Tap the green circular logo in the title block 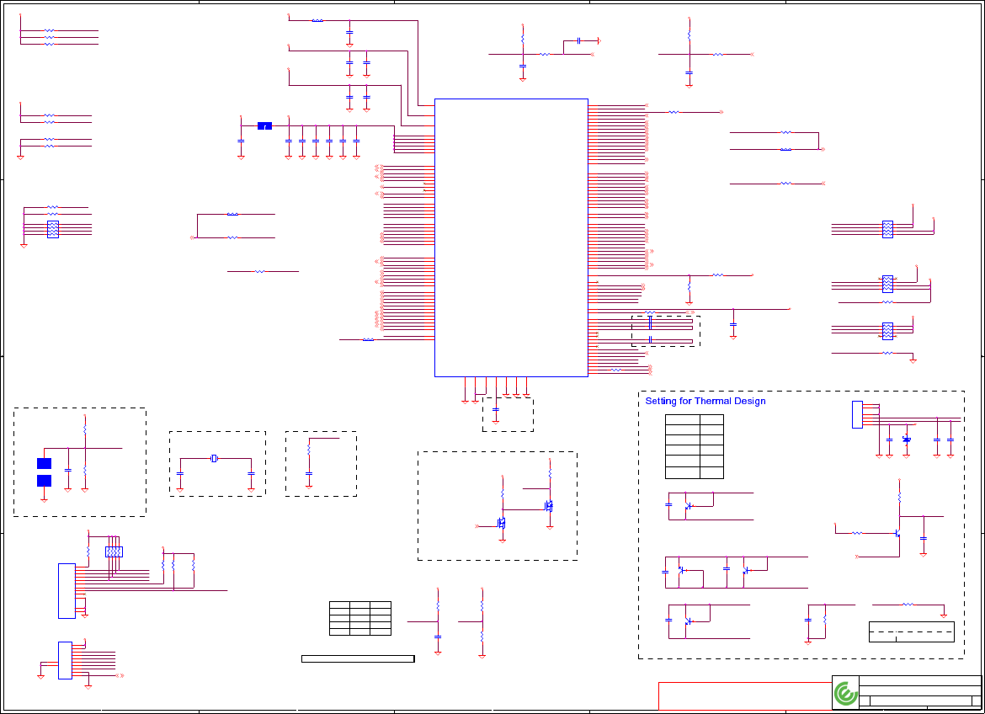pyautogui.click(x=845, y=694)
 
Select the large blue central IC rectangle pyautogui.click(x=510, y=237)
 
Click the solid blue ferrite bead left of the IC pyautogui.click(x=264, y=126)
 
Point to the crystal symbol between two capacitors pyautogui.click(x=215, y=458)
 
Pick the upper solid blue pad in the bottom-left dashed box pyautogui.click(x=45, y=463)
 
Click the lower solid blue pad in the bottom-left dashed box pyautogui.click(x=45, y=481)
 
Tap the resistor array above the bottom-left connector pyautogui.click(x=114, y=552)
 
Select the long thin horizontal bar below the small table pyautogui.click(x=358, y=658)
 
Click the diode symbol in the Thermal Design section pyautogui.click(x=907, y=440)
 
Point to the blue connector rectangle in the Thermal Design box pyautogui.click(x=857, y=414)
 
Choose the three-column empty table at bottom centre pyautogui.click(x=359, y=618)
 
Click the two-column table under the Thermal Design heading pyautogui.click(x=695, y=446)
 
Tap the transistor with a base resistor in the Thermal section pyautogui.click(x=897, y=533)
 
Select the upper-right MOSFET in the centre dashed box pyautogui.click(x=548, y=506)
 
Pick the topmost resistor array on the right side pyautogui.click(x=887, y=229)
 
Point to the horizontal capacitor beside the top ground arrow pyautogui.click(x=579, y=40)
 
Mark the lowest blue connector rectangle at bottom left pyautogui.click(x=65, y=660)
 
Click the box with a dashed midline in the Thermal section pyautogui.click(x=911, y=632)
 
